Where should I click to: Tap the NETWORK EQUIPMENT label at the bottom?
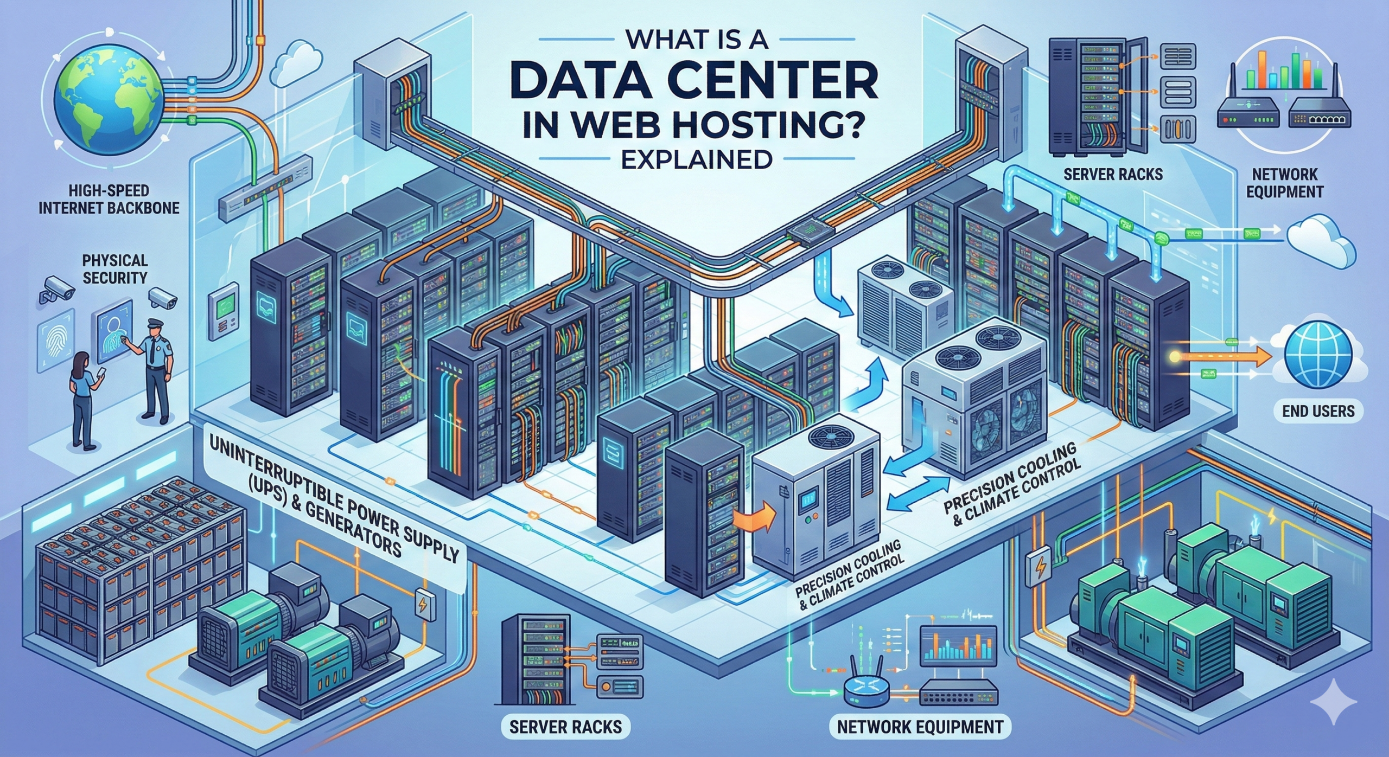(x=920, y=726)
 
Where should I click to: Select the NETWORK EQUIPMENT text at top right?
(x=1284, y=183)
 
